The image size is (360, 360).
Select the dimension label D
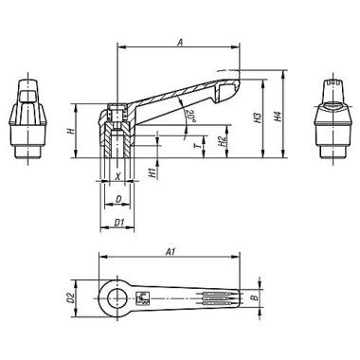(x=117, y=200)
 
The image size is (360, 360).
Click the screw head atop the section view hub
(x=117, y=111)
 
